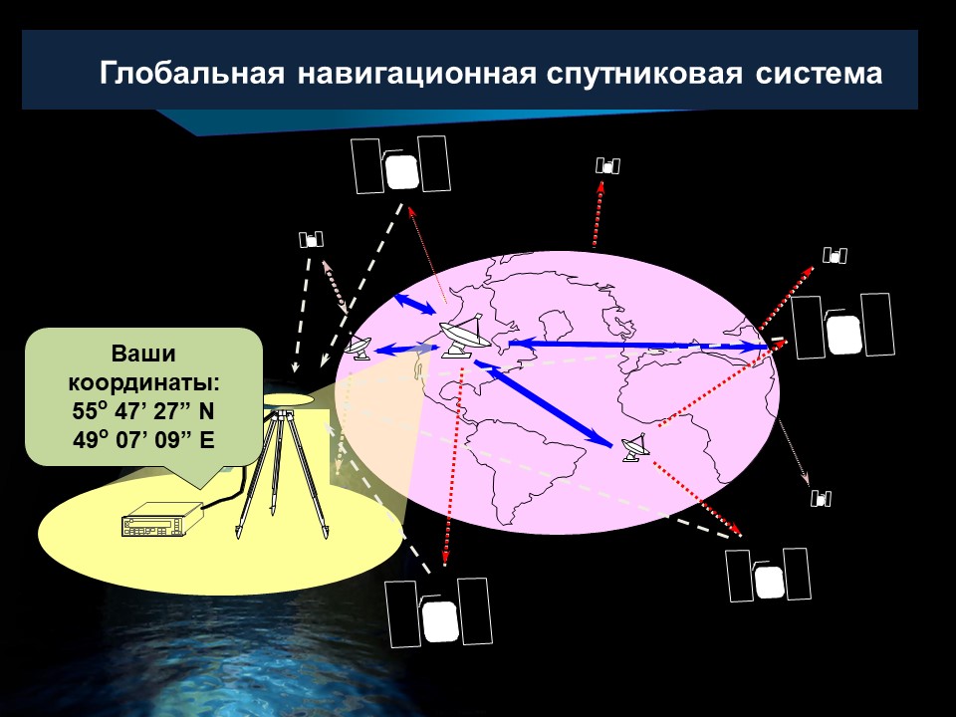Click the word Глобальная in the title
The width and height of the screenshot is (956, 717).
click(x=191, y=73)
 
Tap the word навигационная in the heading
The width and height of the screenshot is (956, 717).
click(x=417, y=74)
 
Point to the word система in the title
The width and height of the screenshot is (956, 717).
click(x=819, y=74)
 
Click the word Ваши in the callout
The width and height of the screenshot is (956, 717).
click(x=143, y=353)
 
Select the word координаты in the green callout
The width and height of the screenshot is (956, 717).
click(x=143, y=382)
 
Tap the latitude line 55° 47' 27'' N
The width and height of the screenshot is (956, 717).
click(x=143, y=410)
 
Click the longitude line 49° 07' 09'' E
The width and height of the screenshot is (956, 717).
click(x=143, y=439)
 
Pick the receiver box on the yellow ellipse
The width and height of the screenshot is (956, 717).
click(x=161, y=520)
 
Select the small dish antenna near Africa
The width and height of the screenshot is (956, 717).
click(x=636, y=447)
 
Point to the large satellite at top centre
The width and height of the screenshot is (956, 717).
click(x=400, y=164)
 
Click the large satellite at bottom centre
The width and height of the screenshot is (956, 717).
click(x=438, y=612)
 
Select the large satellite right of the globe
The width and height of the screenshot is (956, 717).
click(x=842, y=327)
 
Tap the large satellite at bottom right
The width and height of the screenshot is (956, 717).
click(x=768, y=575)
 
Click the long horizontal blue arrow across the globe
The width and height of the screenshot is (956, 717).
click(x=637, y=346)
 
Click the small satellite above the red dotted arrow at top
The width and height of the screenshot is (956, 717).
click(x=607, y=165)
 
